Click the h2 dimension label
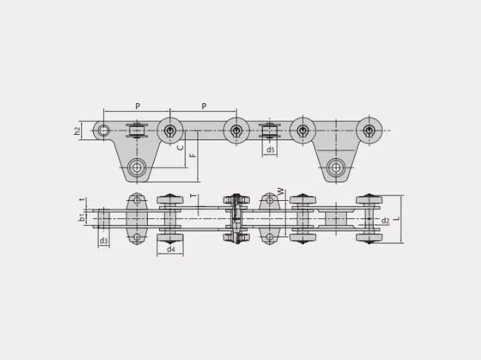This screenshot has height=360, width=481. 78,131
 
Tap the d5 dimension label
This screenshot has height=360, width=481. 270,150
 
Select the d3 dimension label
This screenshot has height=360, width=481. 104,241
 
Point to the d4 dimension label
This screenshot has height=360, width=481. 171,249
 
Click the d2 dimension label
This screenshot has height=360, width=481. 385,220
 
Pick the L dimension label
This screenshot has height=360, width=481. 397,219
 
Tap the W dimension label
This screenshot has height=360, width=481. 281,192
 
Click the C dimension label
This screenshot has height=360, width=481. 181,148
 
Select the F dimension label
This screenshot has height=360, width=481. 193,155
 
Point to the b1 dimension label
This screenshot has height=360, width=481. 82,218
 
